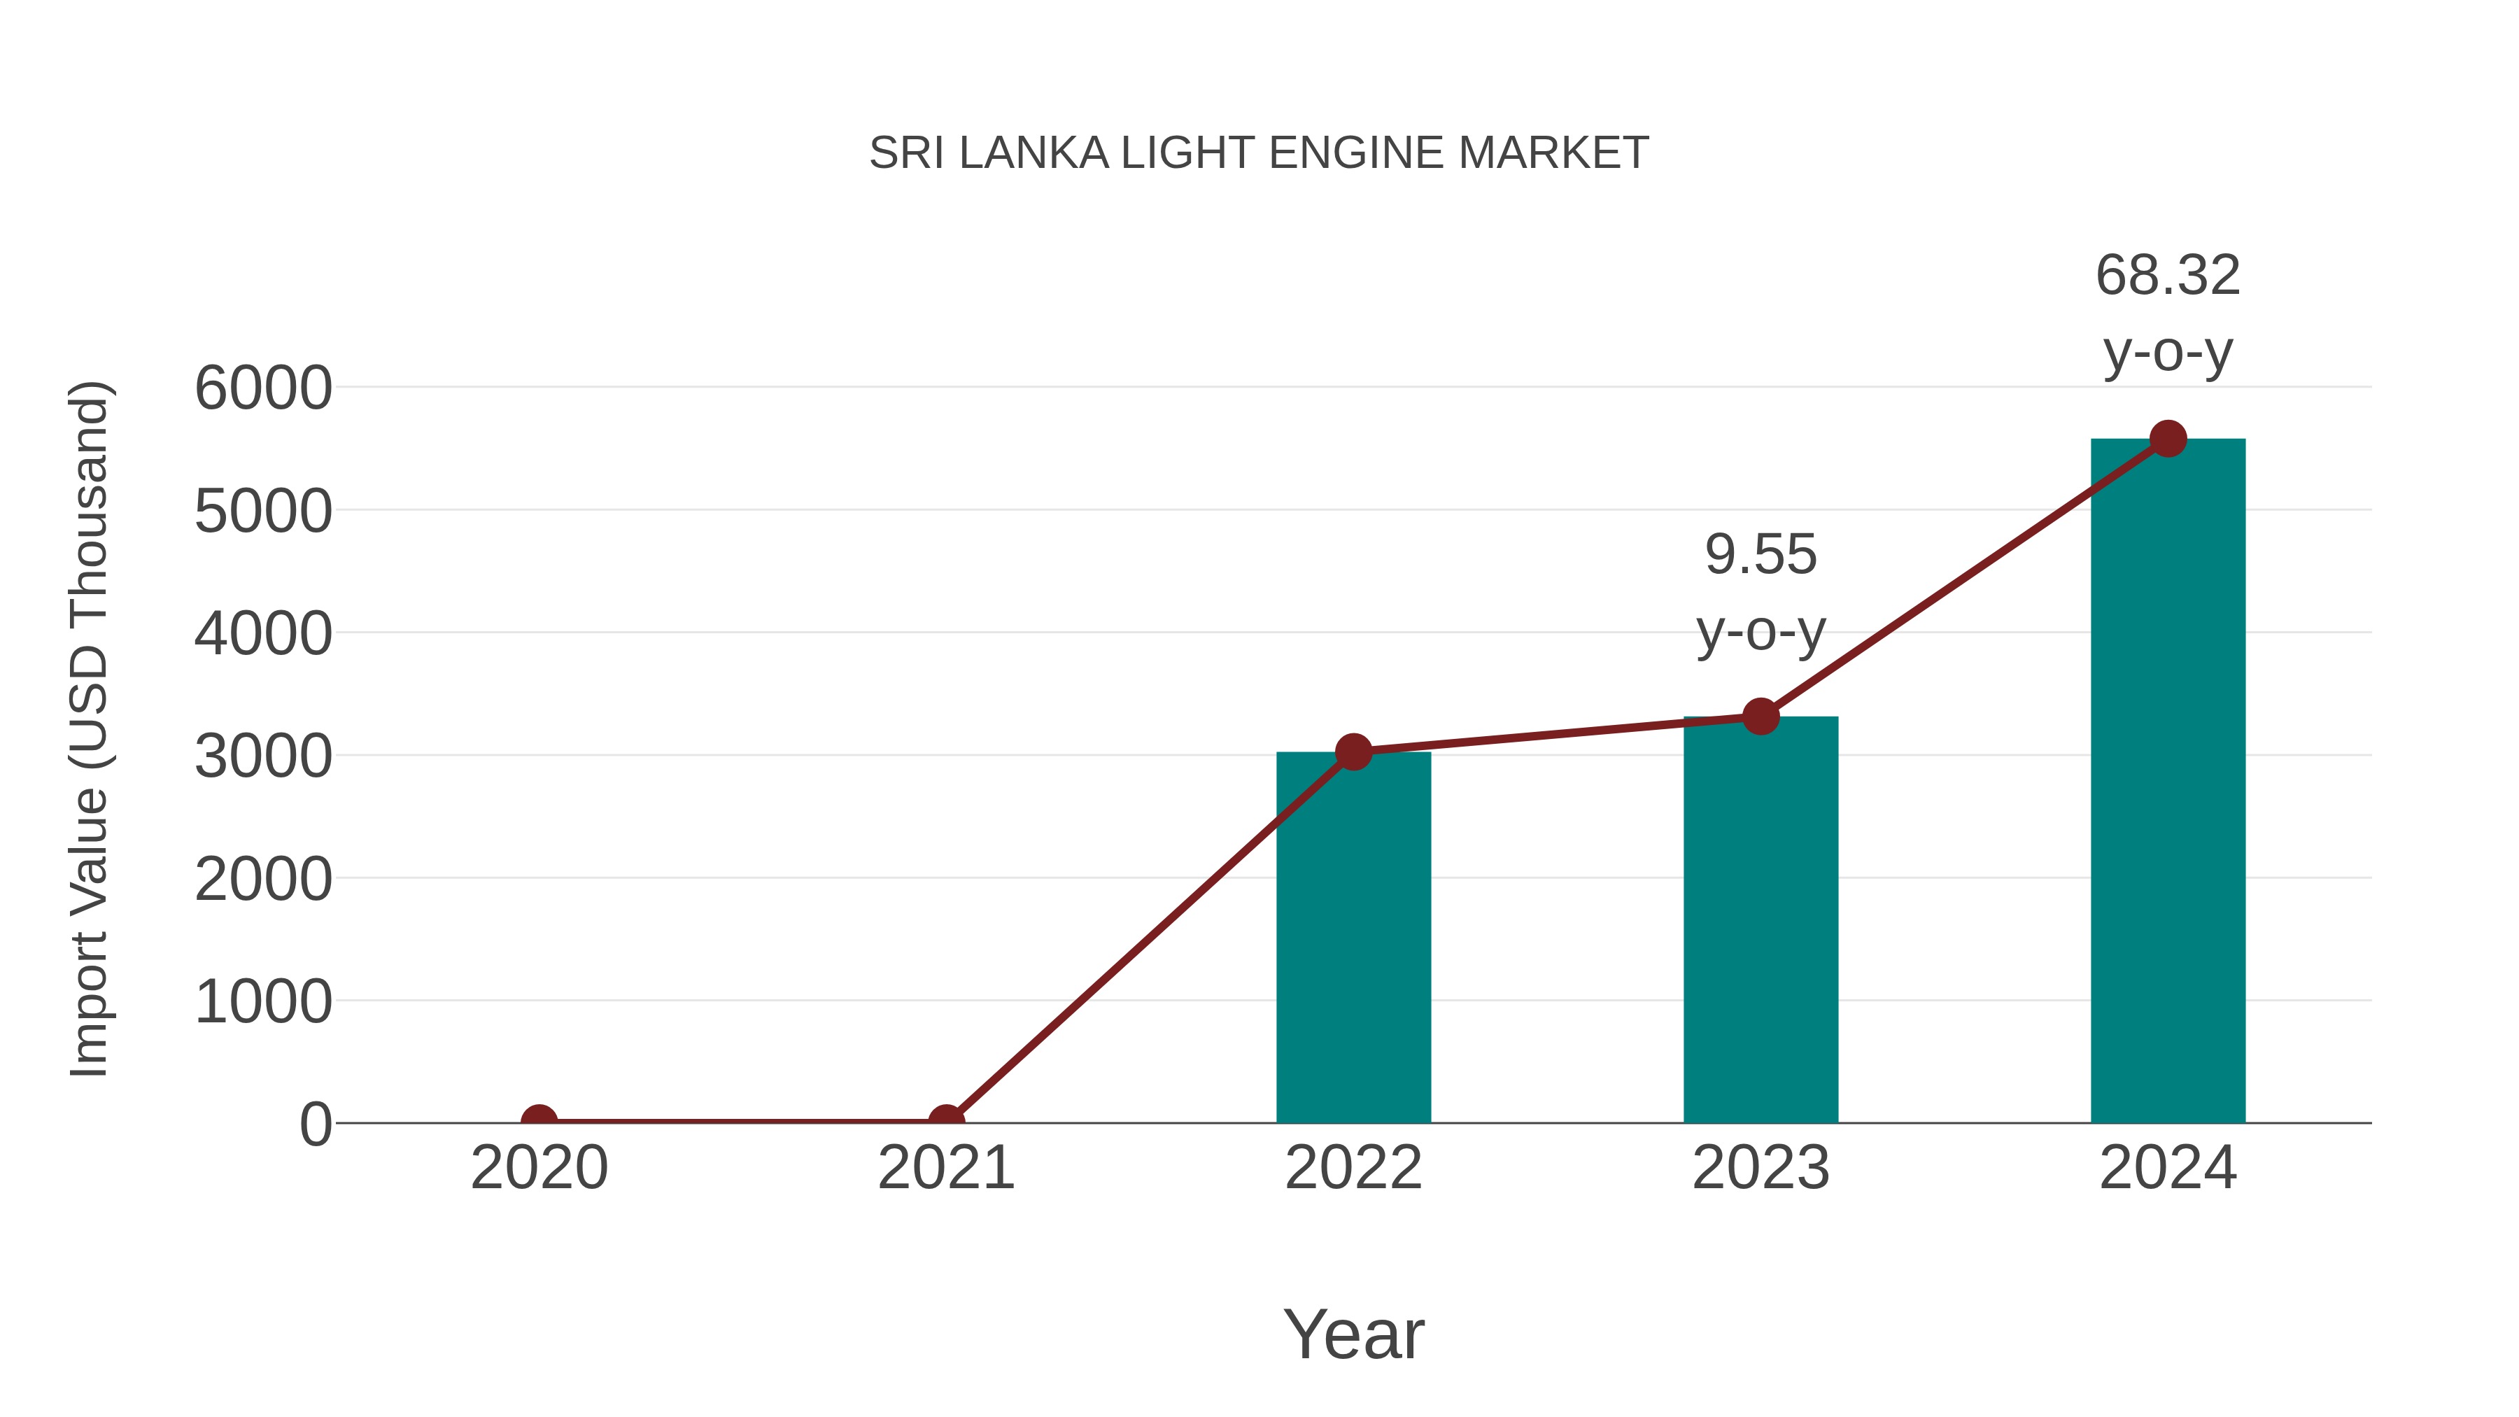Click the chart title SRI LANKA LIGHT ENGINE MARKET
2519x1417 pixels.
point(1259,153)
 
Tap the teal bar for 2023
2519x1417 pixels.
point(1761,919)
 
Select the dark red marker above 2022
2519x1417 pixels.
point(1353,752)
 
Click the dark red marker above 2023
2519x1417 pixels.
point(1761,717)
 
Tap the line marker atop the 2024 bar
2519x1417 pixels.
point(2168,439)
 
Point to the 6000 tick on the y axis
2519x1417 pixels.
point(263,388)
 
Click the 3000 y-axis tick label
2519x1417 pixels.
point(263,757)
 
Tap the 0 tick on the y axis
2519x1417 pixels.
point(315,1125)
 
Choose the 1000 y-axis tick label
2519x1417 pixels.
point(263,1002)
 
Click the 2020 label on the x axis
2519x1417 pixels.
point(539,1168)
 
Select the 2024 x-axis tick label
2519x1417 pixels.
point(2168,1168)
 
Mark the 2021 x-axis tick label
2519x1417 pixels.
point(945,1168)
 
